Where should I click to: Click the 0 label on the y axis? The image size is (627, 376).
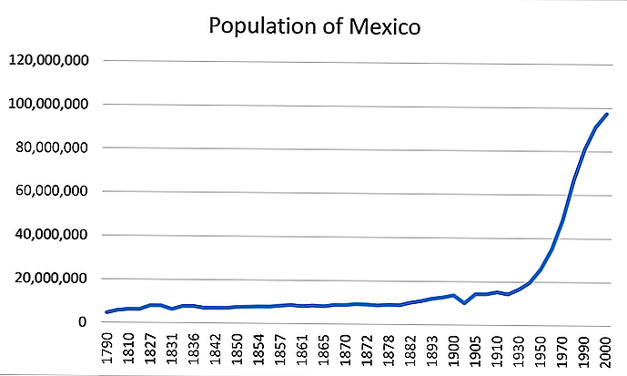click(83, 322)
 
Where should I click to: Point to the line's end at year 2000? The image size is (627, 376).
click(607, 114)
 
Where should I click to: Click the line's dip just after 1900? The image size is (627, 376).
click(465, 303)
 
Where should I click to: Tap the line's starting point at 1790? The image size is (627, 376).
click(108, 312)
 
